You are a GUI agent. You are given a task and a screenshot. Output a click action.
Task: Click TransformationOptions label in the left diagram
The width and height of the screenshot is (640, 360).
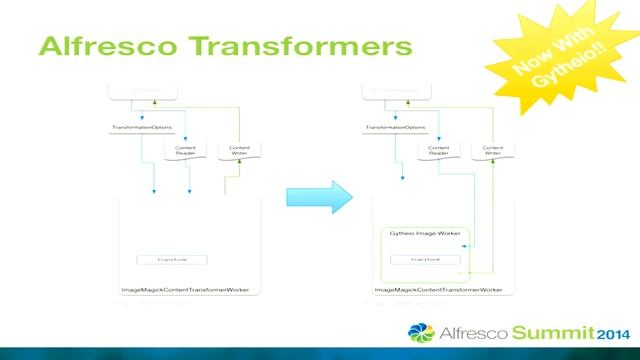(137, 128)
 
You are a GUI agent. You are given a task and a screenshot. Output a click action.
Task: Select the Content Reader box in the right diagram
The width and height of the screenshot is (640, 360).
(437, 151)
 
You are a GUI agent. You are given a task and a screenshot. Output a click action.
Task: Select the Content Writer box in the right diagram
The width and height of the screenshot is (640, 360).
(493, 151)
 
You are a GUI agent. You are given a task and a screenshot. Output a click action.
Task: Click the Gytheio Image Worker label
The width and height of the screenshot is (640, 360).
(413, 232)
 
